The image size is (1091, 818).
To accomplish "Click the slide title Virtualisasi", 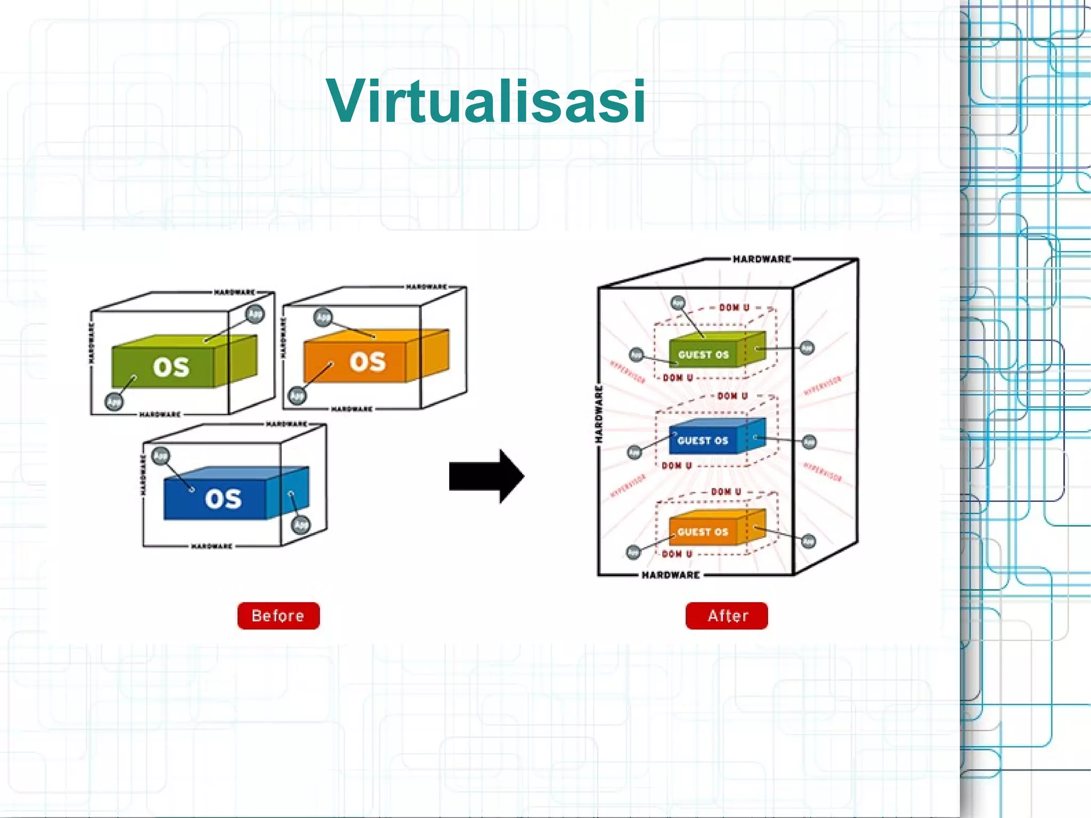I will pos(486,101).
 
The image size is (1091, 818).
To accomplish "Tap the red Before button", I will pos(278,615).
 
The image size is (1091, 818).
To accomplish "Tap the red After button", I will pos(727,615).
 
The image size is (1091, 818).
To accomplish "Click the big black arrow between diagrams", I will pos(486,476).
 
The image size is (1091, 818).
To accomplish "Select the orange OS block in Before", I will pos(367,362).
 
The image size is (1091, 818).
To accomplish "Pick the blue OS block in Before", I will pos(223,498).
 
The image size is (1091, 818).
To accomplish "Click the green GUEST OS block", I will pos(703,354).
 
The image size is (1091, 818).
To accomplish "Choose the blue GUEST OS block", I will pos(703,441).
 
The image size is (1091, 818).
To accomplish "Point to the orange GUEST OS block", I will pos(703,531).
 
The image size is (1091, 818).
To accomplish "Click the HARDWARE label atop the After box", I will pos(762,259).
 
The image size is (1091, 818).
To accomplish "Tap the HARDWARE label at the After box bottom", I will pos(671,575).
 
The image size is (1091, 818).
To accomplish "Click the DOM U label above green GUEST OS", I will pos(734,307).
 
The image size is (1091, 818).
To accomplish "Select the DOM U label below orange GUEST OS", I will pos(677,554).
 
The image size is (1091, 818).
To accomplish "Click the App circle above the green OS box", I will pos(255,314).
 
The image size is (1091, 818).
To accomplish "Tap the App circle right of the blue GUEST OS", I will pos(809,442).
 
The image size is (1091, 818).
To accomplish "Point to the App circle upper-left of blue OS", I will pos(160,456).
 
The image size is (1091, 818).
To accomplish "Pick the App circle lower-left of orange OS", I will pos(297,396).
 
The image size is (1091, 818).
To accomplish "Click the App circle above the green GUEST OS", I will pos(678,303).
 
